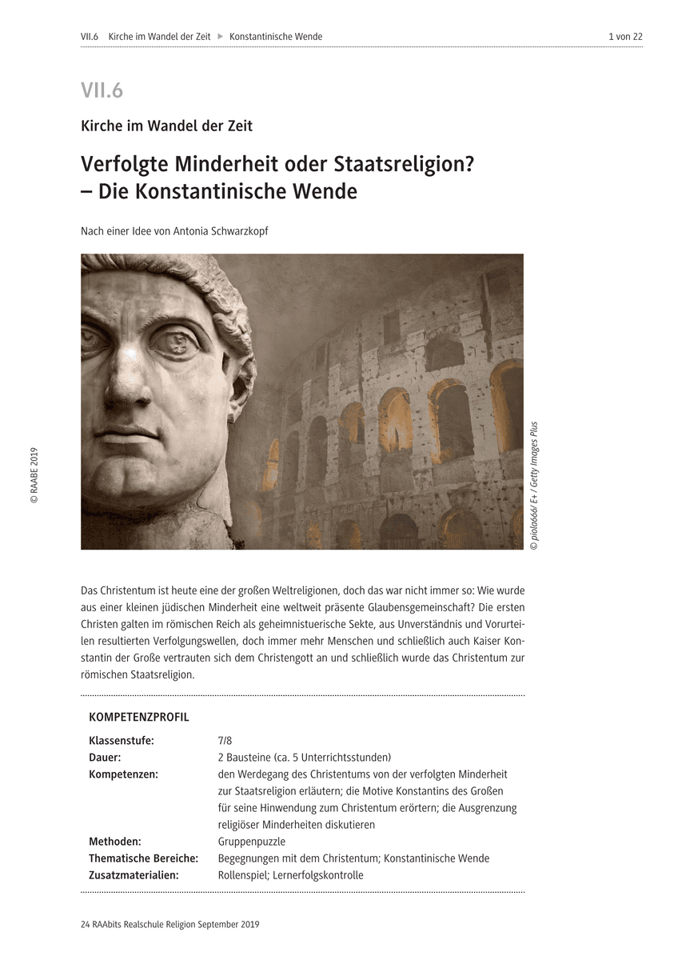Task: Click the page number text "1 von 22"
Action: (x=625, y=37)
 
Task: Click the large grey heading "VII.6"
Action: (x=102, y=90)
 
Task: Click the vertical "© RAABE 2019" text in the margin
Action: (x=34, y=475)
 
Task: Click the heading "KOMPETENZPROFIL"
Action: (x=139, y=717)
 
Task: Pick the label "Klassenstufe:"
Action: (x=122, y=741)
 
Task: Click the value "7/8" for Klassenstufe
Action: (x=225, y=741)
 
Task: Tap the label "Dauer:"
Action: (x=106, y=758)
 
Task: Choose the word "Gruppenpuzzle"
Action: (x=251, y=842)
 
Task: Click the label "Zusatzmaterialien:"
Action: (x=134, y=875)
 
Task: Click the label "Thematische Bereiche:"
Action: (x=143, y=858)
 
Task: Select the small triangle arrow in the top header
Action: (x=220, y=37)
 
